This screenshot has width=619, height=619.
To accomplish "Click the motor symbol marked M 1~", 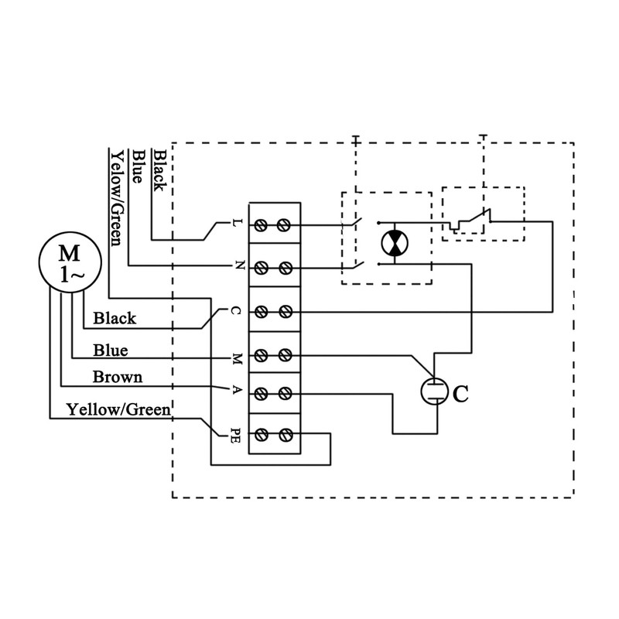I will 68,264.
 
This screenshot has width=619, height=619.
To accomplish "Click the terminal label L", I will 237,224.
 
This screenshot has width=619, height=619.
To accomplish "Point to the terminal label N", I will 237,267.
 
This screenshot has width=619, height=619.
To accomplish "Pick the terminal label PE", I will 236,435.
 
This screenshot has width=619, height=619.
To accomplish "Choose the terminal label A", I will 237,392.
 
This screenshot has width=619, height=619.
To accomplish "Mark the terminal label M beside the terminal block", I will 237,357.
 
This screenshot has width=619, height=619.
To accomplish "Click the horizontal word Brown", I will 117,378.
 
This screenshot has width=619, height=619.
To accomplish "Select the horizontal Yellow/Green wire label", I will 118,409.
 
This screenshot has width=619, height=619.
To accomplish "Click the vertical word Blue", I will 139,166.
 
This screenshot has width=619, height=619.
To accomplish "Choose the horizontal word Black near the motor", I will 115,318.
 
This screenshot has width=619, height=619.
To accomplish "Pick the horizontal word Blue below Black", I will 111,350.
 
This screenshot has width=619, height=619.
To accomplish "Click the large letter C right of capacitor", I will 460,394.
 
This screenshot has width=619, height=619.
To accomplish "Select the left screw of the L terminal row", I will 262,224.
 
